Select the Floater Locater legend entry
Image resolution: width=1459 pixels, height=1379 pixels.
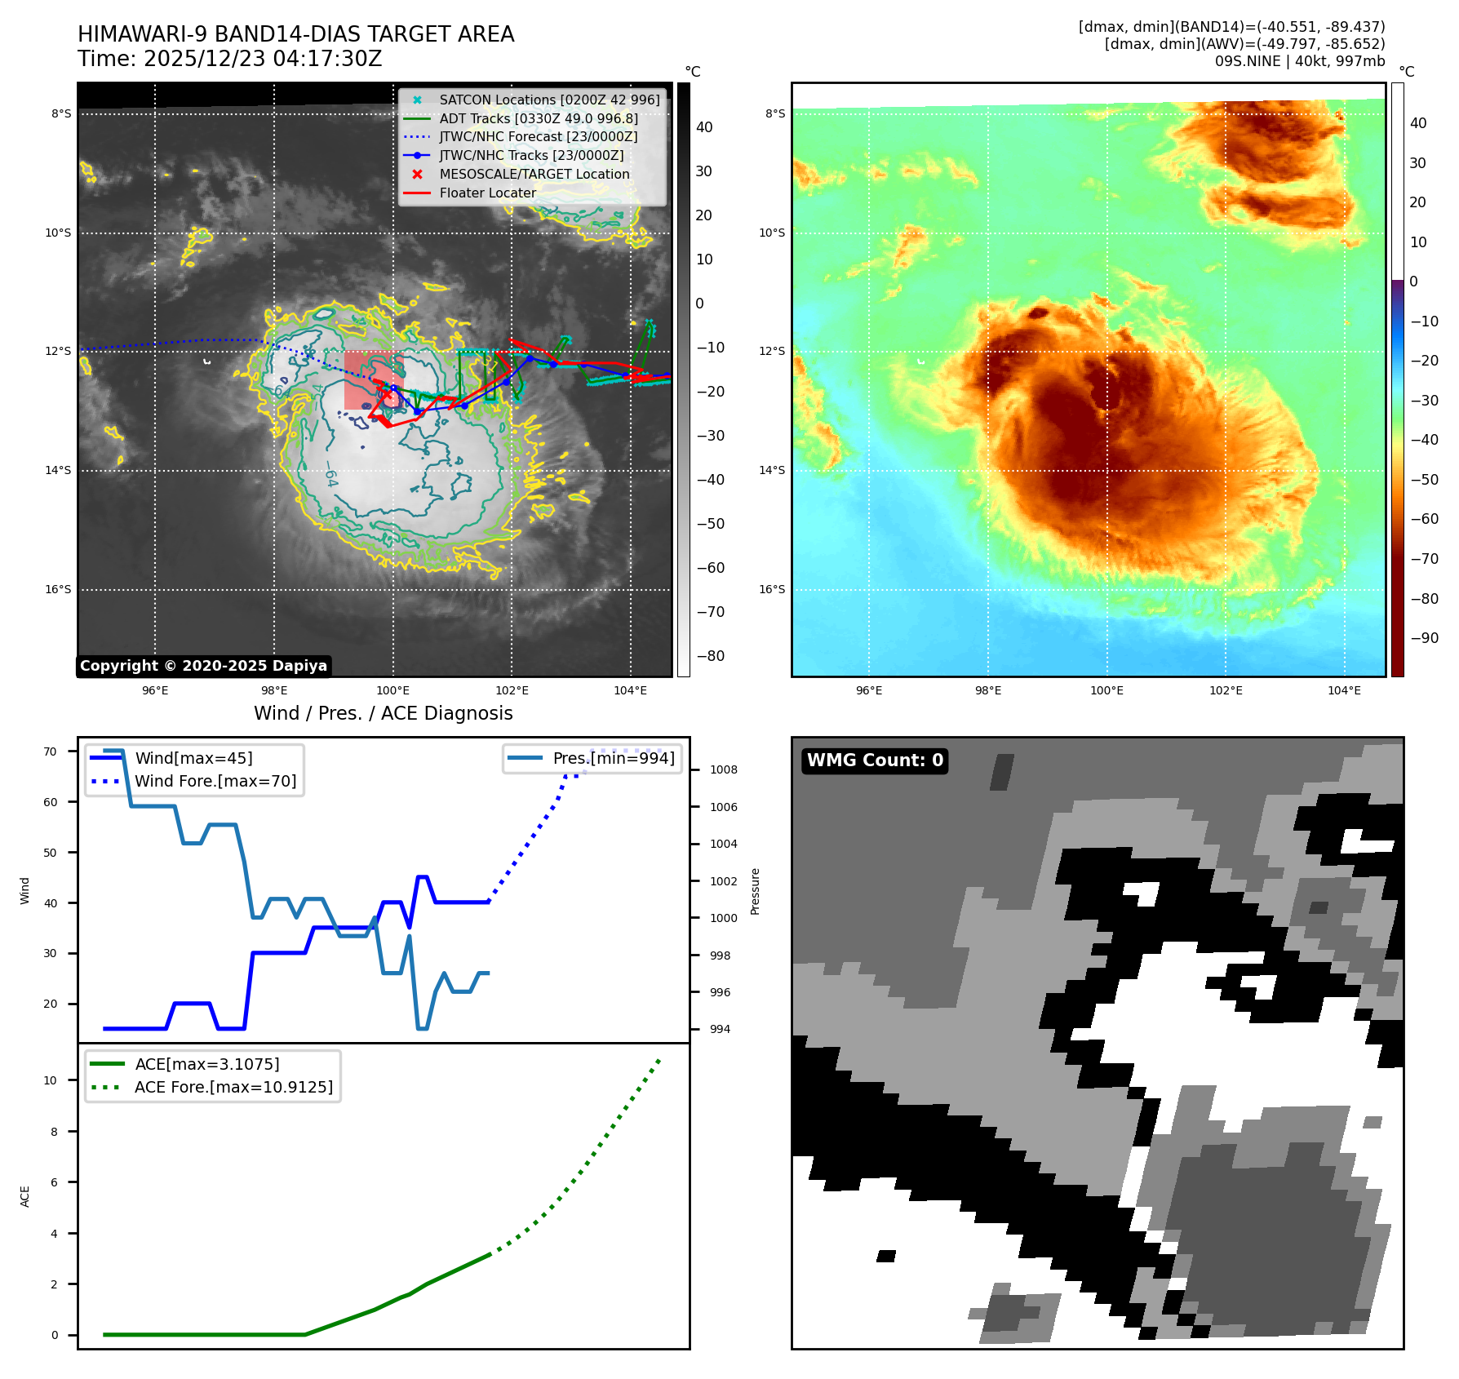click(x=487, y=193)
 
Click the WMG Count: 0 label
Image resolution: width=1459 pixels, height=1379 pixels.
click(x=875, y=760)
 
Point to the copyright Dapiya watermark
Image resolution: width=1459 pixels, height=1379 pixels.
click(x=203, y=666)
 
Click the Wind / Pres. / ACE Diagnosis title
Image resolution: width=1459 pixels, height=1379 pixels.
click(x=383, y=713)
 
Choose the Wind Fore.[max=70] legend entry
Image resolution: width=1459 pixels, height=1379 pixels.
click(x=215, y=781)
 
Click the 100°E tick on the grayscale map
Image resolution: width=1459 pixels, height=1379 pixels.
click(x=392, y=691)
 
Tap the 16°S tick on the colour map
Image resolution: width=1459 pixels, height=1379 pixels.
click(x=772, y=589)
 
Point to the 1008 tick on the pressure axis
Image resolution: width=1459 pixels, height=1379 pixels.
click(x=723, y=769)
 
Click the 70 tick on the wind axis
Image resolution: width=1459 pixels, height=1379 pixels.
click(x=51, y=752)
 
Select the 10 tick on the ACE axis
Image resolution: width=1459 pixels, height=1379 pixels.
click(x=51, y=1080)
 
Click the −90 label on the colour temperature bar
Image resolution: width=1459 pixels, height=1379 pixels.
click(x=1424, y=638)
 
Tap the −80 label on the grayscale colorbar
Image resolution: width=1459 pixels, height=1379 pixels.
click(x=709, y=656)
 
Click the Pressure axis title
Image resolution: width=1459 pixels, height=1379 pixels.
click(x=755, y=891)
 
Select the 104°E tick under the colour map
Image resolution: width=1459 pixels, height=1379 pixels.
click(x=1344, y=691)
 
